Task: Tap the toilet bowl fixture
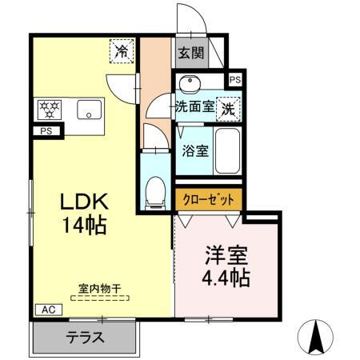point(154,190)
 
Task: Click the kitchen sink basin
point(87,110)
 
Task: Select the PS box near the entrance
point(234,80)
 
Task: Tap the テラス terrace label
point(85,337)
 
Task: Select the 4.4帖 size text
point(226,278)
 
